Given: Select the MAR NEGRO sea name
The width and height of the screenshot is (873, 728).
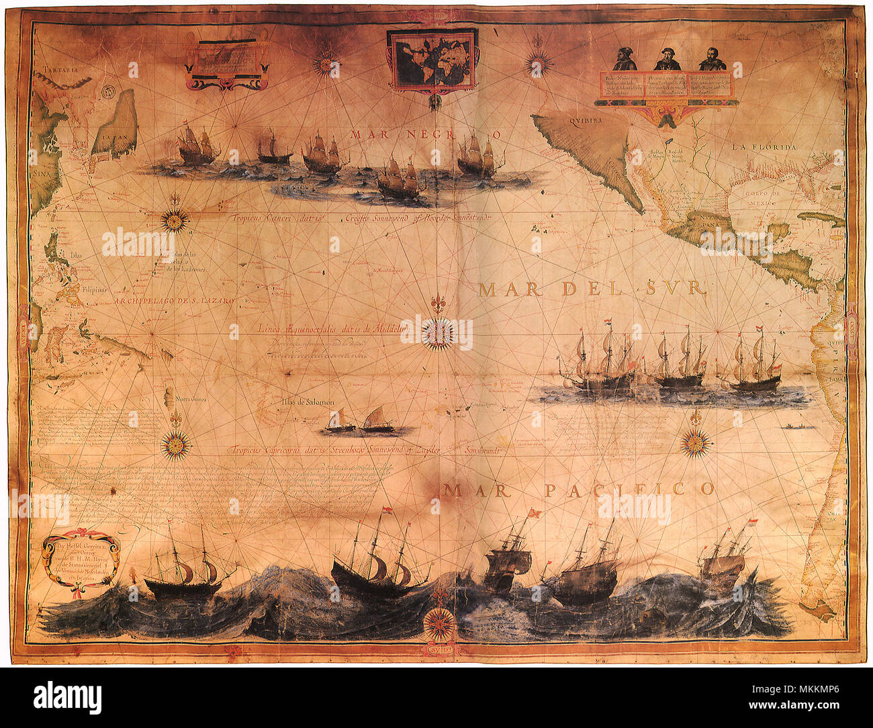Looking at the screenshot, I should coord(424,134).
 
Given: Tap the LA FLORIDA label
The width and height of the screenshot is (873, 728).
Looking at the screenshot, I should coord(764,147).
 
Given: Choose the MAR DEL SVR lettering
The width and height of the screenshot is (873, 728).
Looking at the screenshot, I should coord(592,289).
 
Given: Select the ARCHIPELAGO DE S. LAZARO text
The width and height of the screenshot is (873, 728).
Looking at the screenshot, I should coord(175,302).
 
